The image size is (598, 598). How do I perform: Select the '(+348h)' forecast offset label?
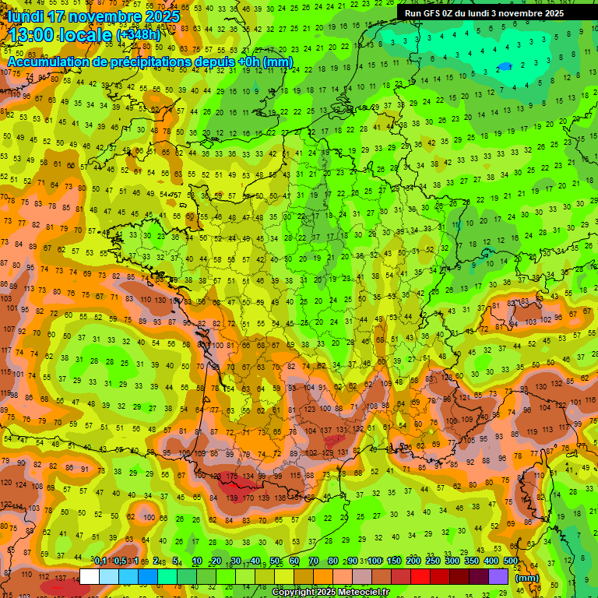(x=139, y=35)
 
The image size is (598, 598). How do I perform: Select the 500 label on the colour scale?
(x=510, y=561)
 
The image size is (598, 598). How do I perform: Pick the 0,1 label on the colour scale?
(x=100, y=561)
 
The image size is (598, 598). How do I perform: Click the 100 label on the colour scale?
(x=375, y=561)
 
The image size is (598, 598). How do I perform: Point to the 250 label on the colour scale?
(x=433, y=561)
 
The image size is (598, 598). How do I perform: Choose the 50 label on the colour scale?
(x=275, y=561)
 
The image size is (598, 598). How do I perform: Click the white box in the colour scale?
(x=90, y=576)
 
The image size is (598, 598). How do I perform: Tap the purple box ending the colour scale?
(x=498, y=576)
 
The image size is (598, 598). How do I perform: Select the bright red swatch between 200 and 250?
(x=420, y=576)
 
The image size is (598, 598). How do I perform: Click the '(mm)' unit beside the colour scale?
(x=527, y=578)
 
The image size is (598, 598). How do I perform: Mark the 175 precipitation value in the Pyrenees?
(x=231, y=477)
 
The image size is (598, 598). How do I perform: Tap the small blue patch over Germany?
(x=507, y=66)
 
